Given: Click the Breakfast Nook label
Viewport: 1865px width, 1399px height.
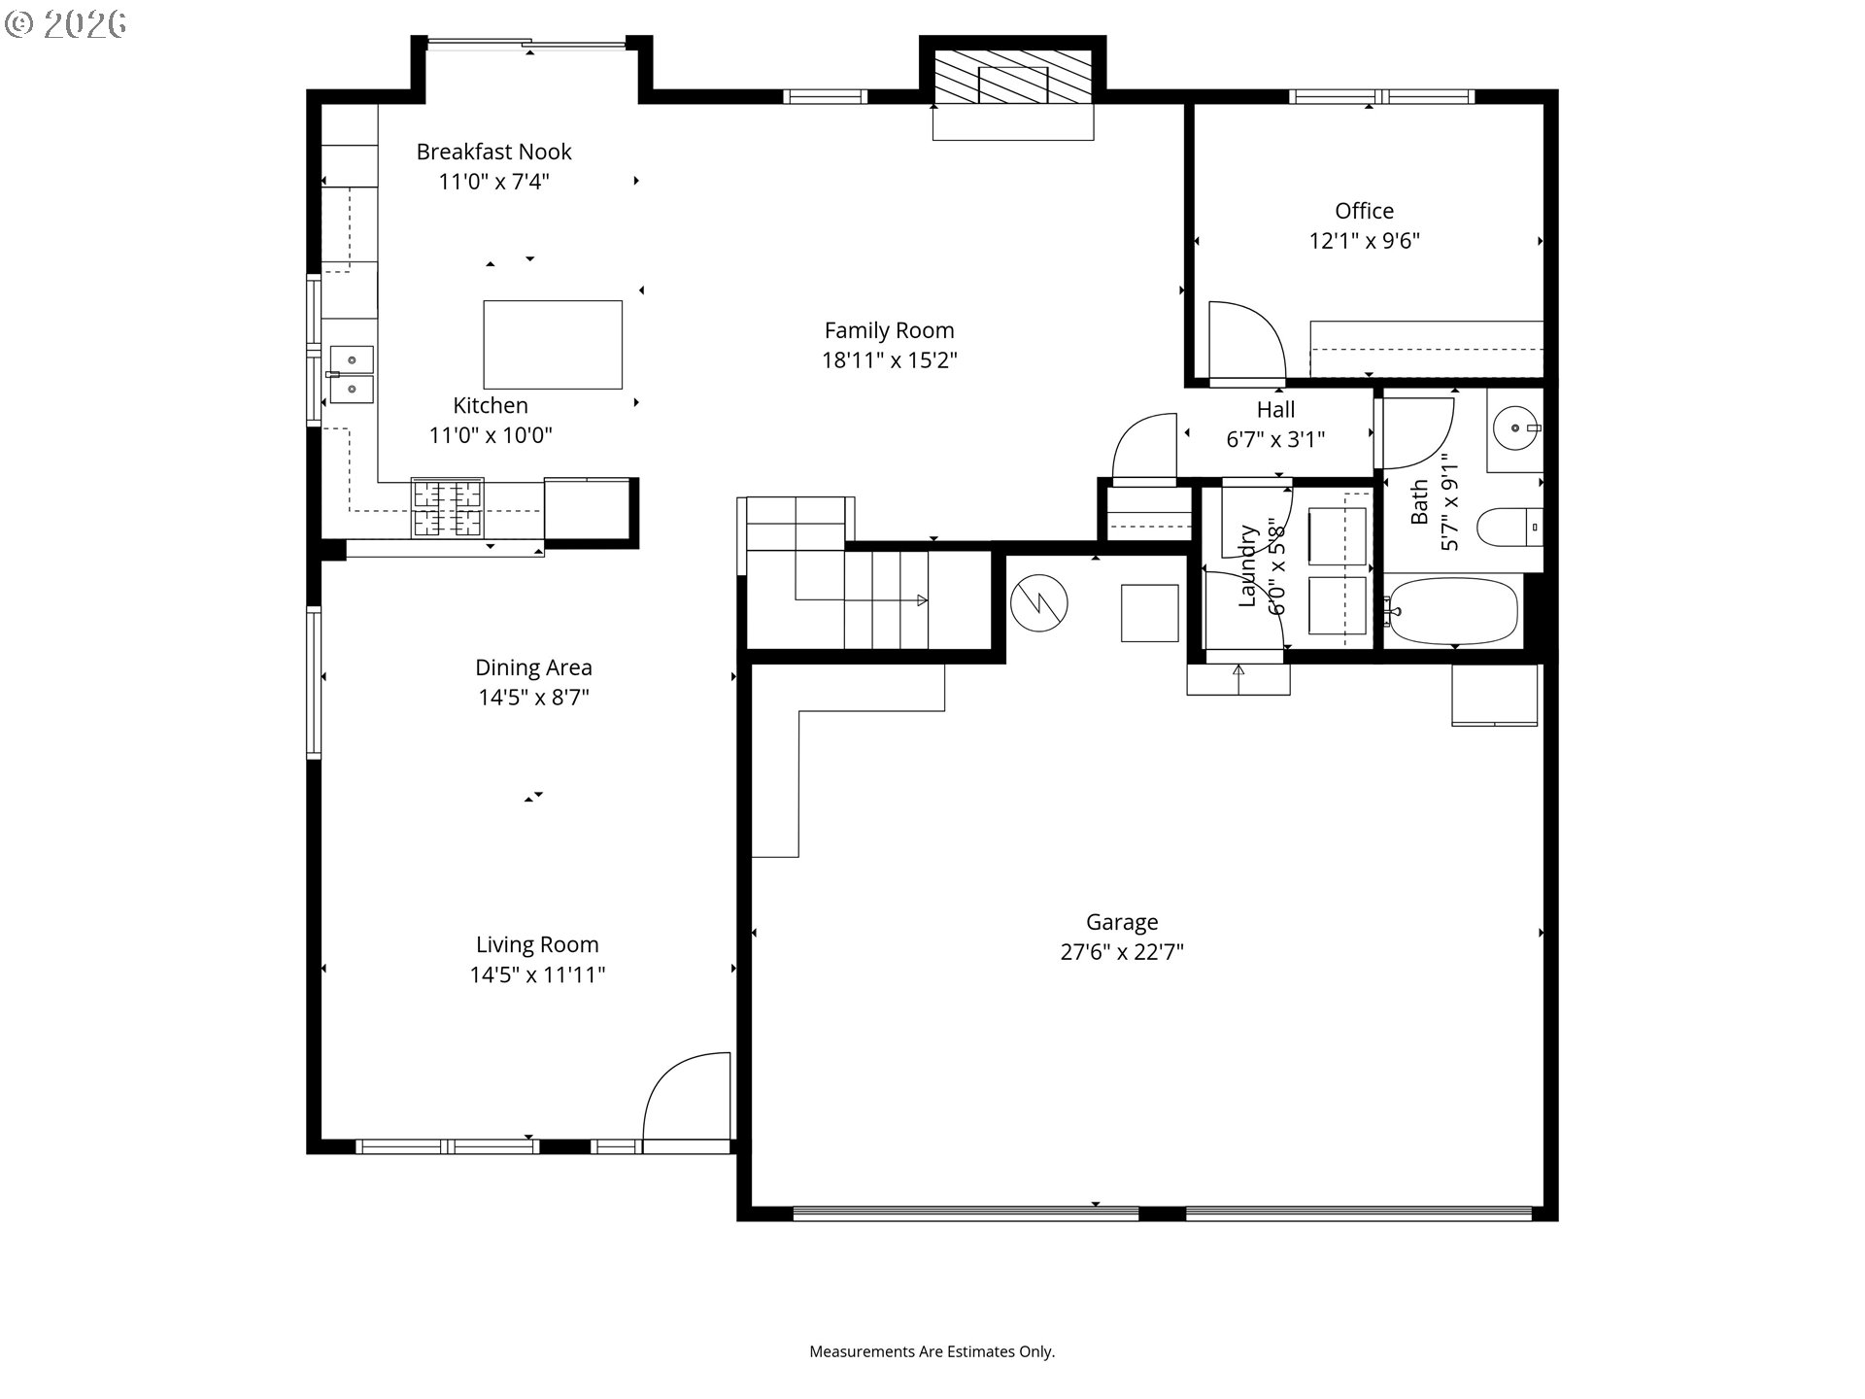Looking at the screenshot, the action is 493,152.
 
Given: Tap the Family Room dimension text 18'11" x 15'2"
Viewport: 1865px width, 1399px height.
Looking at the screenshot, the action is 890,360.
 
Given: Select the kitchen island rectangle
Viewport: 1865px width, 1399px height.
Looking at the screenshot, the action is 553,345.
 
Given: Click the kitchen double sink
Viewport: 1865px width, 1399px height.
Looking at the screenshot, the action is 351,374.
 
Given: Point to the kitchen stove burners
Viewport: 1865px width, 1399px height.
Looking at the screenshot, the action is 448,507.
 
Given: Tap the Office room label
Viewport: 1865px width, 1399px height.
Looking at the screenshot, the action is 1364,211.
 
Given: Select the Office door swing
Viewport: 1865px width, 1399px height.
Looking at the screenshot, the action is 1247,340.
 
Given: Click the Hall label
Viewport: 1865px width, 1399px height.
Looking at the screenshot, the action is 1275,410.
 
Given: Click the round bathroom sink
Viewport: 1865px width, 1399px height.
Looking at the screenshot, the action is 1515,427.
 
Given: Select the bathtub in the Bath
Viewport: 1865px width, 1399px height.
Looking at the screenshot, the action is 1451,611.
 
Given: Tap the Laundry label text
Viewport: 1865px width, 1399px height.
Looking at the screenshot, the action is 1248,566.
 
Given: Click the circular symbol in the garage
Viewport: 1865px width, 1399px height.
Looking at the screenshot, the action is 1038,602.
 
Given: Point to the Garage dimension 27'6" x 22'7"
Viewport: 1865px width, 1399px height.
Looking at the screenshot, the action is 1122,952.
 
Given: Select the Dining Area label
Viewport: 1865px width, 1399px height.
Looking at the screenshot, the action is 533,667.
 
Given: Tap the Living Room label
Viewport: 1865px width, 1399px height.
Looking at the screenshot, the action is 537,944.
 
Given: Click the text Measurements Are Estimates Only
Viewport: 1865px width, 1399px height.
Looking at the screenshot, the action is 932,1351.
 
